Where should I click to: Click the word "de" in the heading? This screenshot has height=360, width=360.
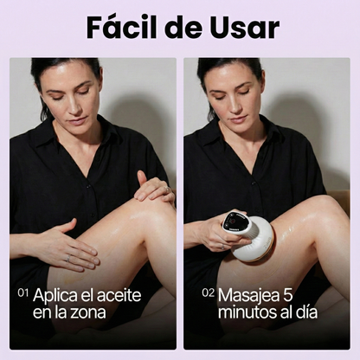point(184,27)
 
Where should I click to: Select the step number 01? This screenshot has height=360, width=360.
point(22,293)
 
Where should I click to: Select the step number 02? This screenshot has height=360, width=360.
point(208,293)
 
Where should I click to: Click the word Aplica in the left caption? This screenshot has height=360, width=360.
point(56,295)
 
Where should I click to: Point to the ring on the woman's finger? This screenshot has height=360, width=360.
point(67,257)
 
